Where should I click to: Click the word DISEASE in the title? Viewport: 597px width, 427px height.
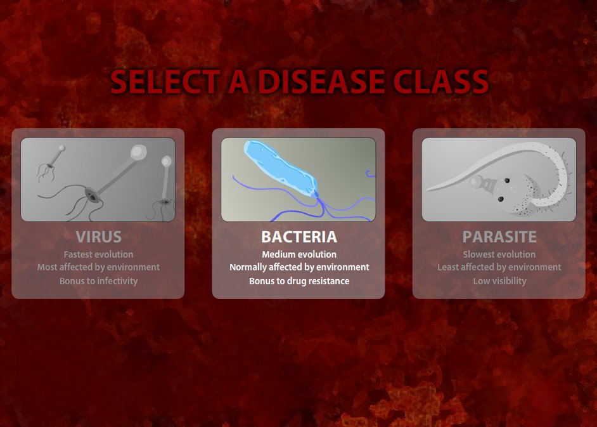[322, 81]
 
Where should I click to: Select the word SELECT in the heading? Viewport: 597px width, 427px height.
[165, 81]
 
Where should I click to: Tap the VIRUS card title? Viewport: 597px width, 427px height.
[98, 237]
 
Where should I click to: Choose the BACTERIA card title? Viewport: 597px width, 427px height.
[299, 237]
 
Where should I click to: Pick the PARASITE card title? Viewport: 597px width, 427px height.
[499, 237]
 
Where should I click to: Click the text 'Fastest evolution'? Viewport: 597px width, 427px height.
[98, 254]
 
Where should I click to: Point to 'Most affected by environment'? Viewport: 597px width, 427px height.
[98, 267]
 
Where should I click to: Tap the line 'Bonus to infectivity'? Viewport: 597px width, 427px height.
[98, 281]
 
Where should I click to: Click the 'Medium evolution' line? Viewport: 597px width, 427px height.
[299, 254]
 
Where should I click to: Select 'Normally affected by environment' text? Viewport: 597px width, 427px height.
[299, 267]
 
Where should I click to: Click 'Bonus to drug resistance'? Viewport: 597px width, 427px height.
[299, 281]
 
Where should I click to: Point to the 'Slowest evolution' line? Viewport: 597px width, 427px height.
[499, 254]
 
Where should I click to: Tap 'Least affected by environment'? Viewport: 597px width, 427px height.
[499, 267]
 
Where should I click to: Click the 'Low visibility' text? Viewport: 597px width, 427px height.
[499, 281]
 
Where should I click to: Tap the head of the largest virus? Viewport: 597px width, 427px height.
[139, 152]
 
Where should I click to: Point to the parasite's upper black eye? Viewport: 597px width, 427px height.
[507, 180]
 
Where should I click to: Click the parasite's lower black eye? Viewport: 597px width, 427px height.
[501, 199]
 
